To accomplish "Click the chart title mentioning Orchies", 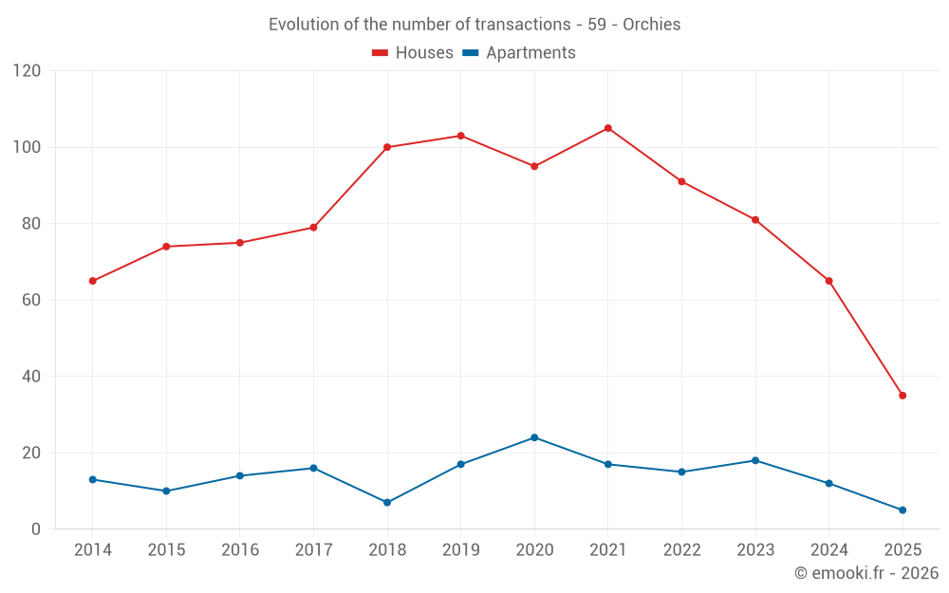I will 474,25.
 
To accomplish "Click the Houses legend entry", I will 413,53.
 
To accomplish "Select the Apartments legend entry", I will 519,53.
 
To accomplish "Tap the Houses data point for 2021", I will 608,128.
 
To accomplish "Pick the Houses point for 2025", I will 902,396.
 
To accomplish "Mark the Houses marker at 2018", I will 387,147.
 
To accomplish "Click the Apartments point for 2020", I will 534,437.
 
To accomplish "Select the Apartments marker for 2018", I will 387,502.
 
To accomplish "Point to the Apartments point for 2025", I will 902,510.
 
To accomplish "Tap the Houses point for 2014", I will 93,281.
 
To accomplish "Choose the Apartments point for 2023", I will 755,460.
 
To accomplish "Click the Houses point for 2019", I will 460,136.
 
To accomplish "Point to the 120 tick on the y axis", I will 28,71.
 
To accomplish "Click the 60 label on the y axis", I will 31,300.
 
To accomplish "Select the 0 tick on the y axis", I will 36,528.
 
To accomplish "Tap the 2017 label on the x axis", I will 313,550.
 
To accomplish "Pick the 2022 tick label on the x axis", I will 681,550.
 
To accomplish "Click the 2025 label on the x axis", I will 902,550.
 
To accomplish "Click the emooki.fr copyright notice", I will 865,573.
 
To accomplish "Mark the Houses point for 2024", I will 828,281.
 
